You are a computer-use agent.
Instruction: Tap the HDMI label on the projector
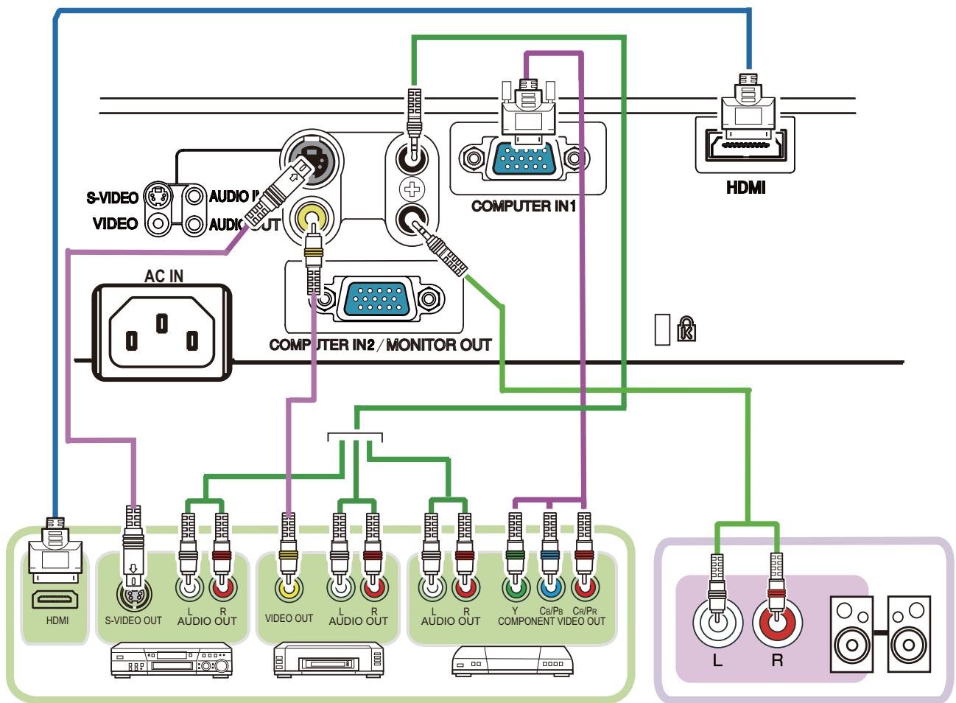click(745, 188)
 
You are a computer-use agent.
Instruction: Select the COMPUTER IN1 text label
click(523, 206)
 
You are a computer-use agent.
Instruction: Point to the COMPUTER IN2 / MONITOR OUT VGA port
click(379, 299)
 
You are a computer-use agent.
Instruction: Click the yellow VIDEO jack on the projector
click(310, 218)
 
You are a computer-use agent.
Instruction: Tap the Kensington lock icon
click(686, 329)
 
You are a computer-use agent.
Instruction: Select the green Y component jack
click(516, 589)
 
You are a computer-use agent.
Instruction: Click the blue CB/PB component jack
click(549, 589)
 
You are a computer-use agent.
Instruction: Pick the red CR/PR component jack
click(584, 589)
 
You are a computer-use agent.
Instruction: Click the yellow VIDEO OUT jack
click(289, 589)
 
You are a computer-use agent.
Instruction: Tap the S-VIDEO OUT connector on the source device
click(134, 593)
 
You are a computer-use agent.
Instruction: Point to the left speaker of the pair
click(852, 634)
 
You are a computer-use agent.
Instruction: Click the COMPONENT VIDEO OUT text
click(551, 621)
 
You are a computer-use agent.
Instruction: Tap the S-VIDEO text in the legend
click(112, 198)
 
